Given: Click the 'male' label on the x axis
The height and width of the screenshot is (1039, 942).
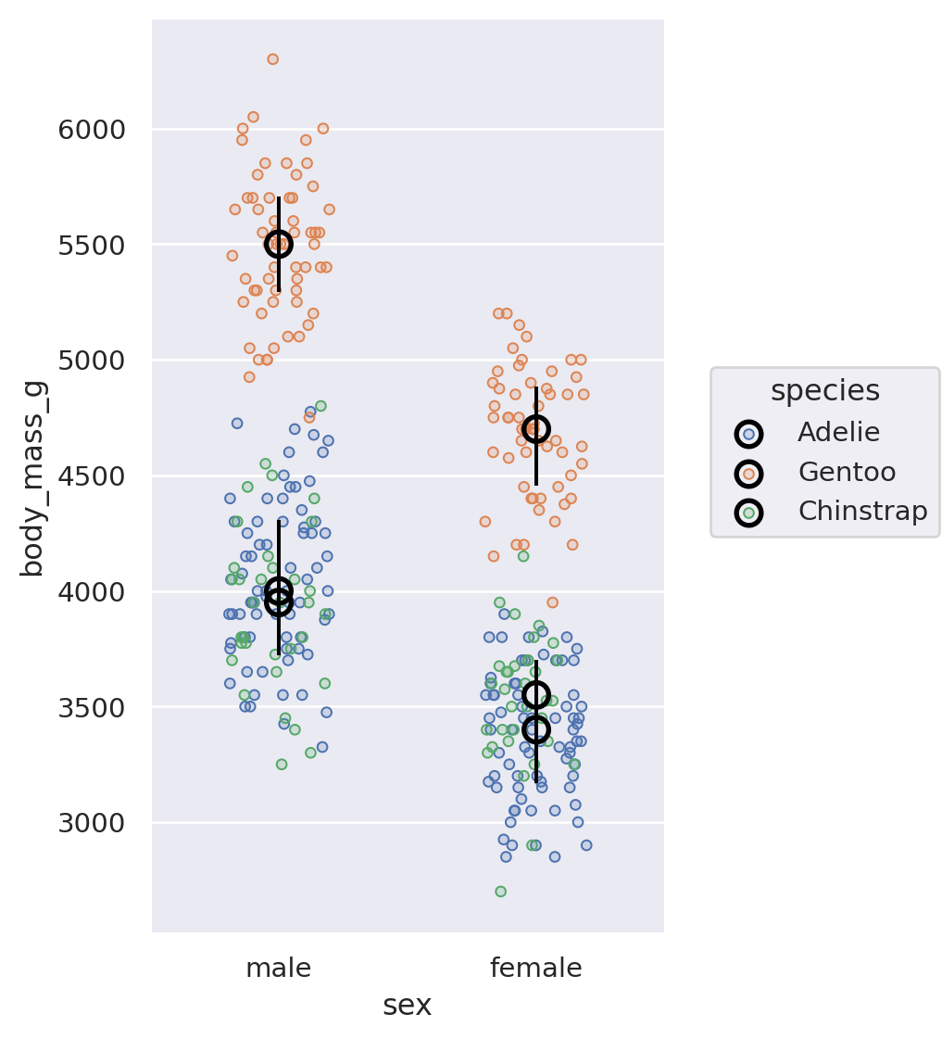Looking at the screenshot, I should (278, 969).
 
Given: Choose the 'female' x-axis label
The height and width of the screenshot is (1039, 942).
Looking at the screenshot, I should (535, 969).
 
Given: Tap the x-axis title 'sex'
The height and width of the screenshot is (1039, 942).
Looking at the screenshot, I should (407, 1006).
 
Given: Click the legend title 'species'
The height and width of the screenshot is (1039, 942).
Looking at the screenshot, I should (824, 391).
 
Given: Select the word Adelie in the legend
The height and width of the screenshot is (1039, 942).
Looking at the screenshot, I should (838, 433).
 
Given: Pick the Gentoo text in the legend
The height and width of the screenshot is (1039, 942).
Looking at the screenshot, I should (847, 473).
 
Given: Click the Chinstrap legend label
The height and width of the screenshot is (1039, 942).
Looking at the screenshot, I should (862, 512).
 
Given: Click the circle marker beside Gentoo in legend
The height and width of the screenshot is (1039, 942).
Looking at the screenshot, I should (748, 474).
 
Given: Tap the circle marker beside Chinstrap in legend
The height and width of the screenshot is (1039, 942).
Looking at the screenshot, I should (748, 513).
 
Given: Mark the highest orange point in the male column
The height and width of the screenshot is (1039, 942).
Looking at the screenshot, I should (272, 59).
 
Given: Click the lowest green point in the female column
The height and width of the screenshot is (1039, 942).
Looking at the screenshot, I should (500, 892).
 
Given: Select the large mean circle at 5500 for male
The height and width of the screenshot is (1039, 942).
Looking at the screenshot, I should (278, 244).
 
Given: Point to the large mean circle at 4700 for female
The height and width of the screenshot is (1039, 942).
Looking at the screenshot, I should (535, 428).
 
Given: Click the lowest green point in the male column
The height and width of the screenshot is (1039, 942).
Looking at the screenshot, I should (282, 765).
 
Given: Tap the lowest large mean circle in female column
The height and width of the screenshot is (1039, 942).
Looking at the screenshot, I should (535, 729).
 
